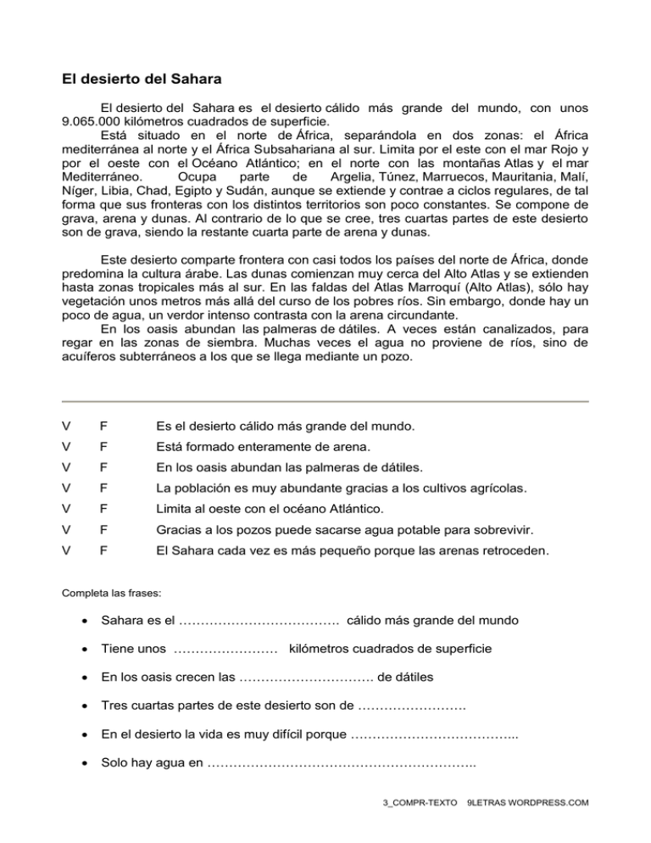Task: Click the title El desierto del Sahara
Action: click(x=142, y=81)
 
